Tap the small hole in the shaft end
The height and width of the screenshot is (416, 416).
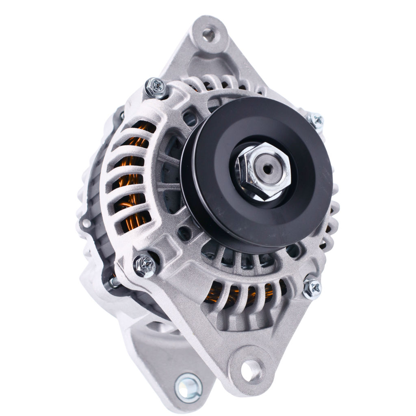click(x=267, y=169)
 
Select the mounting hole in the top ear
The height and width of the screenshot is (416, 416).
click(x=209, y=35)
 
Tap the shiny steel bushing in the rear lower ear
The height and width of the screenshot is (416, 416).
click(x=188, y=387)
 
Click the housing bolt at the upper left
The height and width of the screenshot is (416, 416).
click(x=156, y=87)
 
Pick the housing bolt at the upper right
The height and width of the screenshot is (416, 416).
click(x=316, y=121)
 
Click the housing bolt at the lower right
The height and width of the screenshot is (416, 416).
click(x=312, y=288)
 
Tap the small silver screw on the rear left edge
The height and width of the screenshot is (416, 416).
click(x=87, y=223)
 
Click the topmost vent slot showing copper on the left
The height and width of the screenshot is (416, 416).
click(x=142, y=128)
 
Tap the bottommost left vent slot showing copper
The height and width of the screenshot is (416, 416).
click(x=136, y=221)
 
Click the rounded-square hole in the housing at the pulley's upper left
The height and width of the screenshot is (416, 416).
click(x=191, y=119)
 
